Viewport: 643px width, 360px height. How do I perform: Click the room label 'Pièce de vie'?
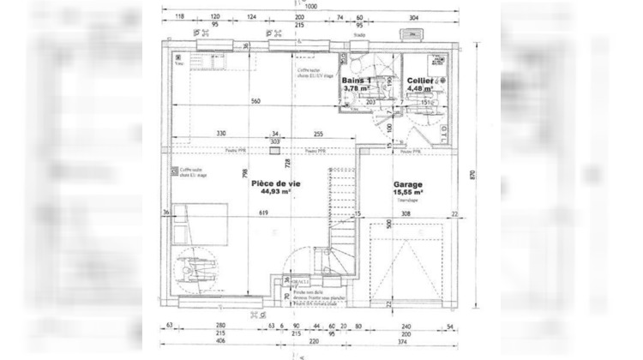tap(275, 183)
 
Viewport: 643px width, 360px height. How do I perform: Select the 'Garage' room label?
tap(408, 184)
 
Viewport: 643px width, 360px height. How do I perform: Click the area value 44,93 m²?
tap(275, 193)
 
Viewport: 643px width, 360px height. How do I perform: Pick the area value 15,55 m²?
tap(409, 194)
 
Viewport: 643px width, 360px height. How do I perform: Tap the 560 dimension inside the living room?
tap(255, 101)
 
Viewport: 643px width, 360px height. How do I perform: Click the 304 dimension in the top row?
tap(413, 17)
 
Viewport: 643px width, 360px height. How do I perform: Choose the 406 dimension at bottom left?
tap(219, 342)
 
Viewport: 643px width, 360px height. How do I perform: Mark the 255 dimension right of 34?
tap(317, 134)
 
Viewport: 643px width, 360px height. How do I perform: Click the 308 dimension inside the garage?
tap(407, 213)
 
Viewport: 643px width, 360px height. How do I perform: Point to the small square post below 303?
tap(273, 150)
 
